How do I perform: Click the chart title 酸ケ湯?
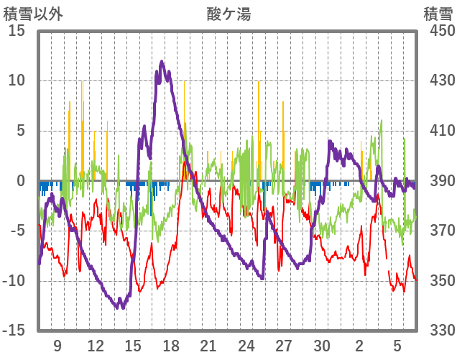229,14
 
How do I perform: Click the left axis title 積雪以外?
33,14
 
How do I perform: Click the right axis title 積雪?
438,14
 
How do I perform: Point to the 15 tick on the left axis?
17,32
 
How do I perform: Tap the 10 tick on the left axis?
17,81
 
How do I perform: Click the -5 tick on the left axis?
17,231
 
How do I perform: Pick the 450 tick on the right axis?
438,32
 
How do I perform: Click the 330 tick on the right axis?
438,331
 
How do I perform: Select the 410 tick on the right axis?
438,131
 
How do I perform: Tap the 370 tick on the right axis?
438,231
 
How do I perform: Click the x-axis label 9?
57,346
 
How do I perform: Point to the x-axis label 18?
171,346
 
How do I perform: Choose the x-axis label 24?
246,346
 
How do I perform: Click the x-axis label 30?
322,346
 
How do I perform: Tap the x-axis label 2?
359,346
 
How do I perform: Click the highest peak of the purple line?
162,62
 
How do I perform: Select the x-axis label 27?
285,346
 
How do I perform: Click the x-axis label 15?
133,346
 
